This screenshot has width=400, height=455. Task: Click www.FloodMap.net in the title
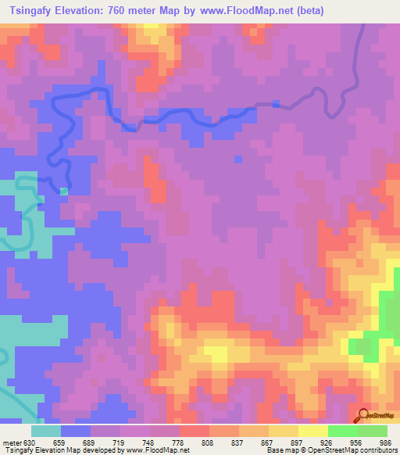(244, 11)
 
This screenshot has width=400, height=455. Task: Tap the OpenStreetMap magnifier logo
(362, 415)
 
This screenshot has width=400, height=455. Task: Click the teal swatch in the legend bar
(46, 431)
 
